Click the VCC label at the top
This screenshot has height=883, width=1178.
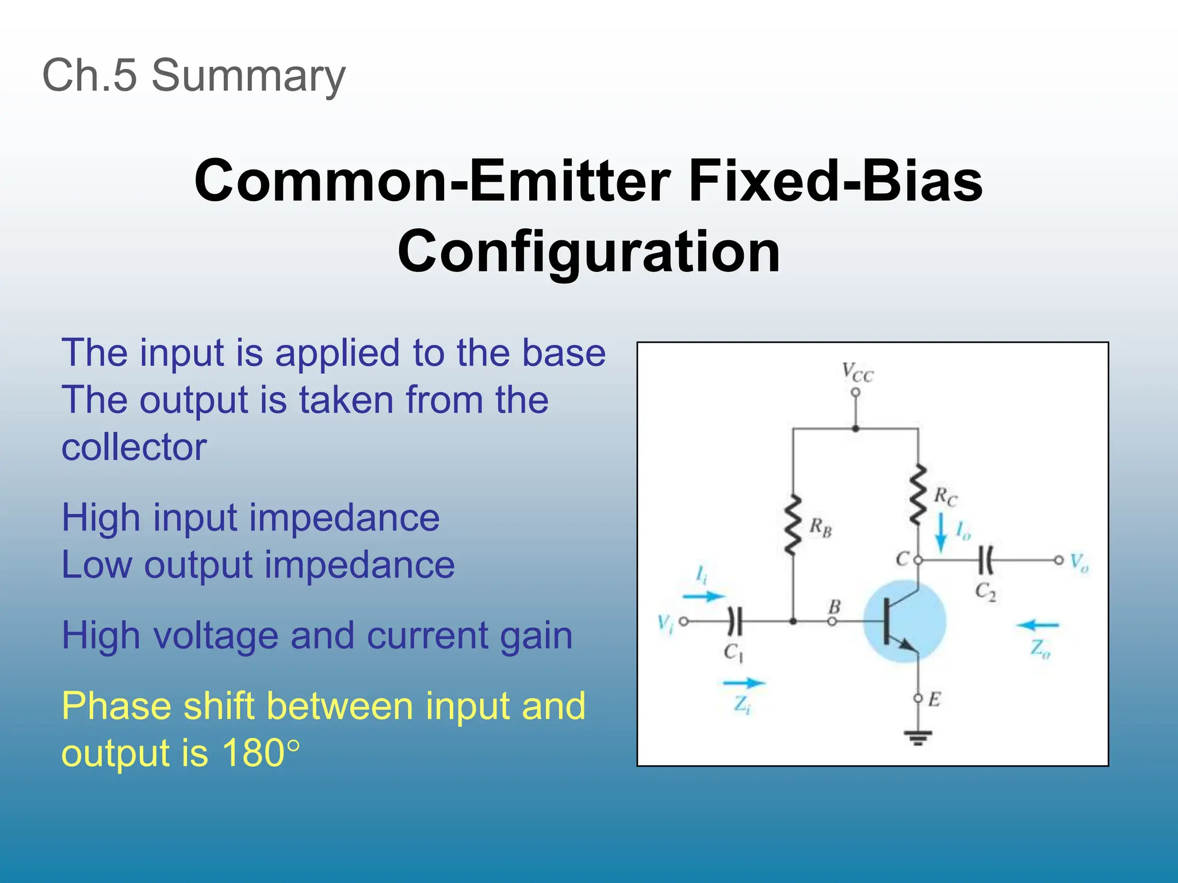(x=857, y=373)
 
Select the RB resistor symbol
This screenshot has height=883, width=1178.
(x=793, y=525)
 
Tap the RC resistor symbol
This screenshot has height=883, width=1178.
(x=918, y=495)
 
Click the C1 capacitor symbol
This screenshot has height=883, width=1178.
(x=735, y=621)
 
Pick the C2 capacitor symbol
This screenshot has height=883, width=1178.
(x=985, y=560)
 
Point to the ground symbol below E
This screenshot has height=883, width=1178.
(x=918, y=737)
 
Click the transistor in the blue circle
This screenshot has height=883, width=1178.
(x=904, y=621)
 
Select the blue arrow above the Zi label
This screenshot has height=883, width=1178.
(x=743, y=683)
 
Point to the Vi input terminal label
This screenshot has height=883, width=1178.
(x=665, y=623)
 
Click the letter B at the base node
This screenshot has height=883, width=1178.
(x=834, y=606)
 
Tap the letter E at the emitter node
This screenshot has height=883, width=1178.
(x=934, y=700)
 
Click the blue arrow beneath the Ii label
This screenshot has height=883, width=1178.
(x=703, y=596)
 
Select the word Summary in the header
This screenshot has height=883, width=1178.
(x=248, y=76)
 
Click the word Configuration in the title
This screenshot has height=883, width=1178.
(x=588, y=252)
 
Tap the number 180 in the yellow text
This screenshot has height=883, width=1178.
(x=253, y=753)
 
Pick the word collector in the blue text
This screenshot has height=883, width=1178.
(x=134, y=447)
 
